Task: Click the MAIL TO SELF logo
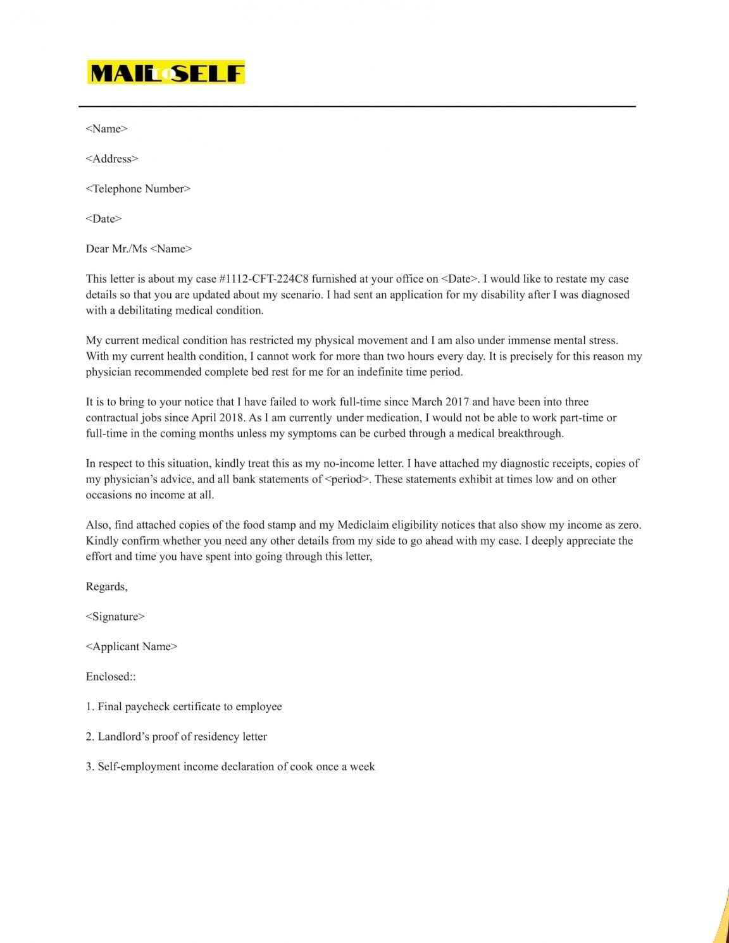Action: point(166,73)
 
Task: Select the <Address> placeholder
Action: point(111,159)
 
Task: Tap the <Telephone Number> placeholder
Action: point(138,188)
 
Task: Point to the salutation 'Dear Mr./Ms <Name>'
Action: point(139,249)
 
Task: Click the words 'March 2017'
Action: point(440,402)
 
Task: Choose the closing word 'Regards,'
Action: point(106,586)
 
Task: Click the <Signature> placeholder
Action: point(115,617)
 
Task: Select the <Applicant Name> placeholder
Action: point(132,646)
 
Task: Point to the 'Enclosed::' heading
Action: point(111,676)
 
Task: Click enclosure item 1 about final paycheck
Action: point(184,706)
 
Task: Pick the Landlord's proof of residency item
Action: point(177,736)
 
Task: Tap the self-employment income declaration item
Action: point(230,767)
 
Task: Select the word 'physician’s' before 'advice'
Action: point(131,479)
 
